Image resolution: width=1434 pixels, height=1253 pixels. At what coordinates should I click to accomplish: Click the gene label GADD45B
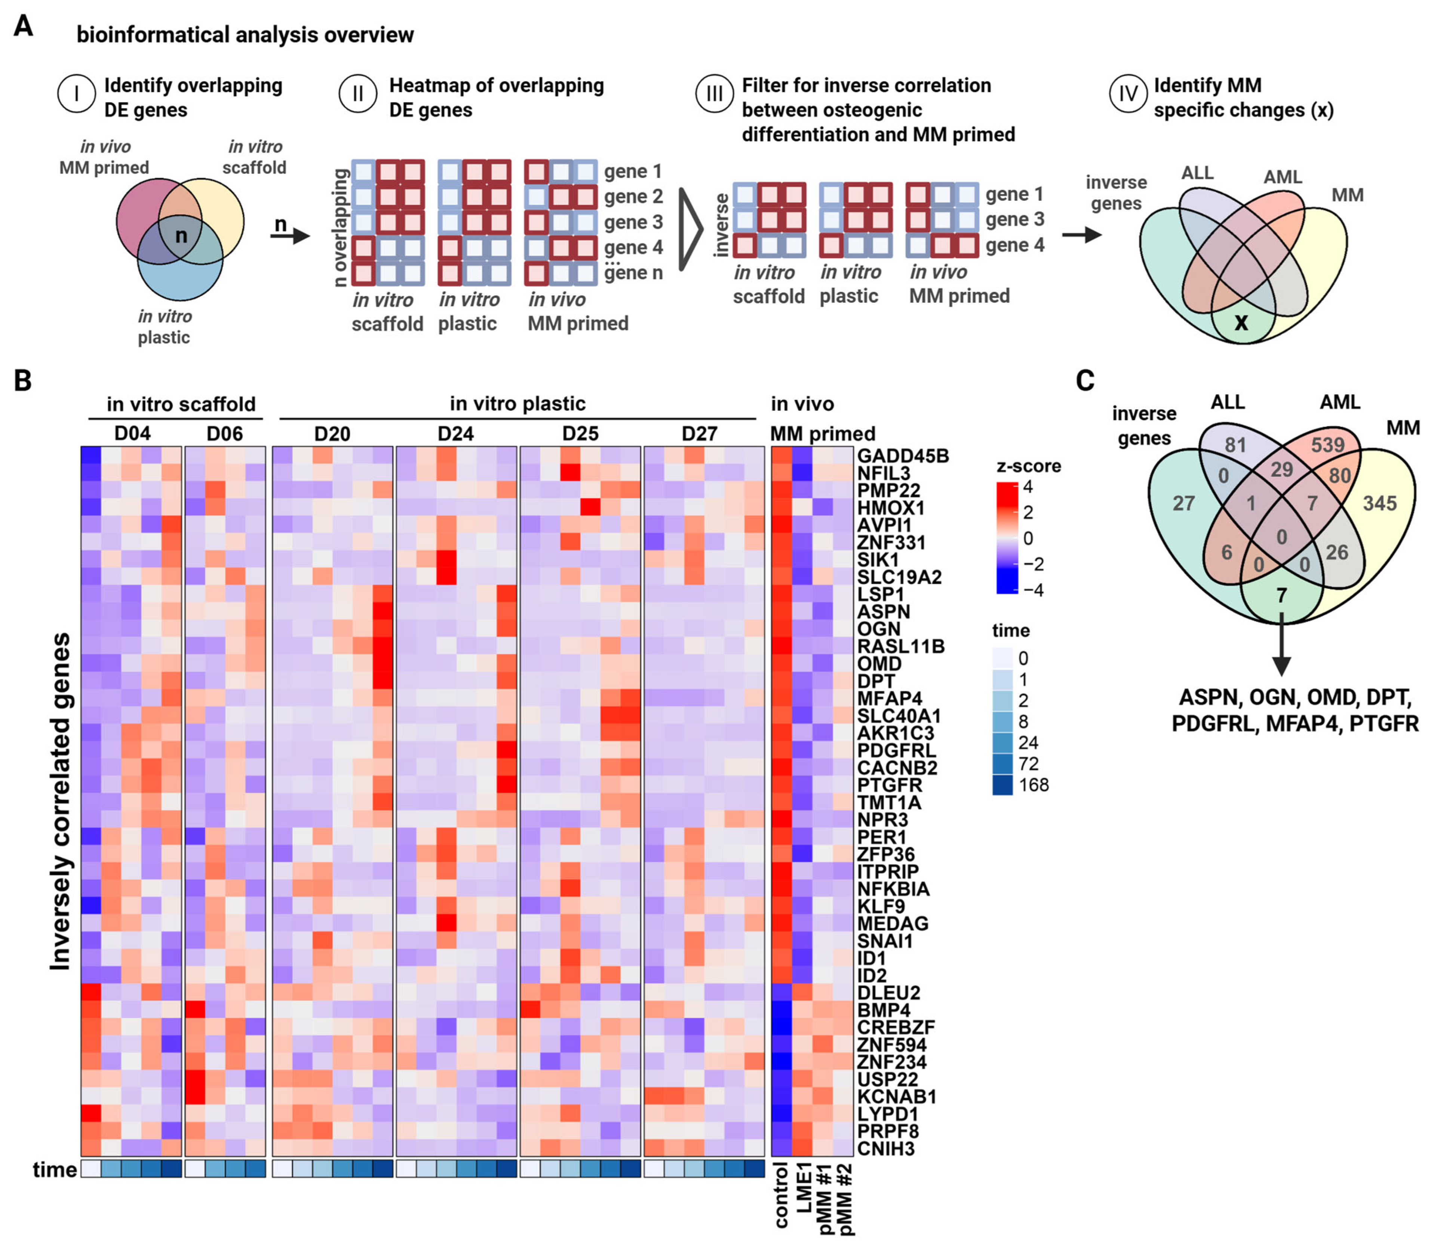[902, 456]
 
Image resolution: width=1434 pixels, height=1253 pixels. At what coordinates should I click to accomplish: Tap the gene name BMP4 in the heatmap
[884, 1010]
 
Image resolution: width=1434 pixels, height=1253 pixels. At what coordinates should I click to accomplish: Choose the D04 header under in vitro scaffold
[132, 433]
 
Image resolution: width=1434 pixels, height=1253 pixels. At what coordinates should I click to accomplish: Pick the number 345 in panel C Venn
[1379, 503]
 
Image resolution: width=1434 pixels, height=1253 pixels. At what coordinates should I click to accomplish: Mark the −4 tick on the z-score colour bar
[1031, 590]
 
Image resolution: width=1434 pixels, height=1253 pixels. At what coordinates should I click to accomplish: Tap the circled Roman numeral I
[76, 94]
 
